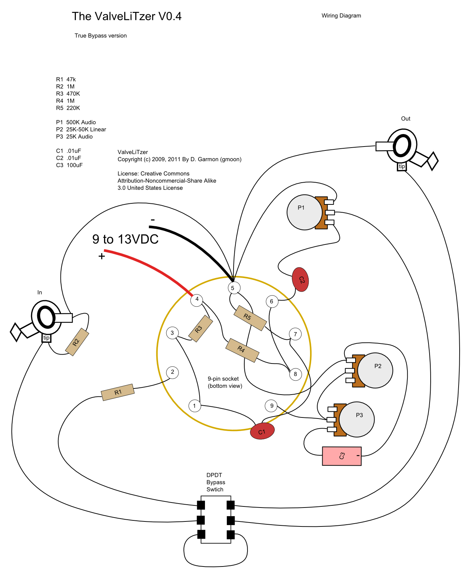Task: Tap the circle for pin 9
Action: pyautogui.click(x=271, y=405)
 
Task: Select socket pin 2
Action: pyautogui.click(x=172, y=372)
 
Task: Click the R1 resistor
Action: pyautogui.click(x=118, y=392)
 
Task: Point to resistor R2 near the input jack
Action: pyautogui.click(x=77, y=342)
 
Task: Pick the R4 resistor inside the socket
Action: pyautogui.click(x=242, y=350)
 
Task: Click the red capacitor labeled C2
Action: pyautogui.click(x=300, y=279)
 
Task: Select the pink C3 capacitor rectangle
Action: pyautogui.click(x=342, y=456)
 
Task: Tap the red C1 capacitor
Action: pyautogui.click(x=262, y=431)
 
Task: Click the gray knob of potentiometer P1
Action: pyautogui.click(x=303, y=212)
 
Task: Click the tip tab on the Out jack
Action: pyautogui.click(x=402, y=167)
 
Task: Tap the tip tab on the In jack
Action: pyautogui.click(x=46, y=338)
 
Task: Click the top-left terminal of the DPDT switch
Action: pyautogui.click(x=201, y=505)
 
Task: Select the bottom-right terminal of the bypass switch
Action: pyautogui.click(x=231, y=535)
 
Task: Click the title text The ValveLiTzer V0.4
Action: pyautogui.click(x=127, y=16)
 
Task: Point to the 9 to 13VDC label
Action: pyautogui.click(x=125, y=239)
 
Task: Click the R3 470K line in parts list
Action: pyautogui.click(x=68, y=94)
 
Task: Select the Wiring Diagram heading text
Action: pyautogui.click(x=341, y=16)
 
